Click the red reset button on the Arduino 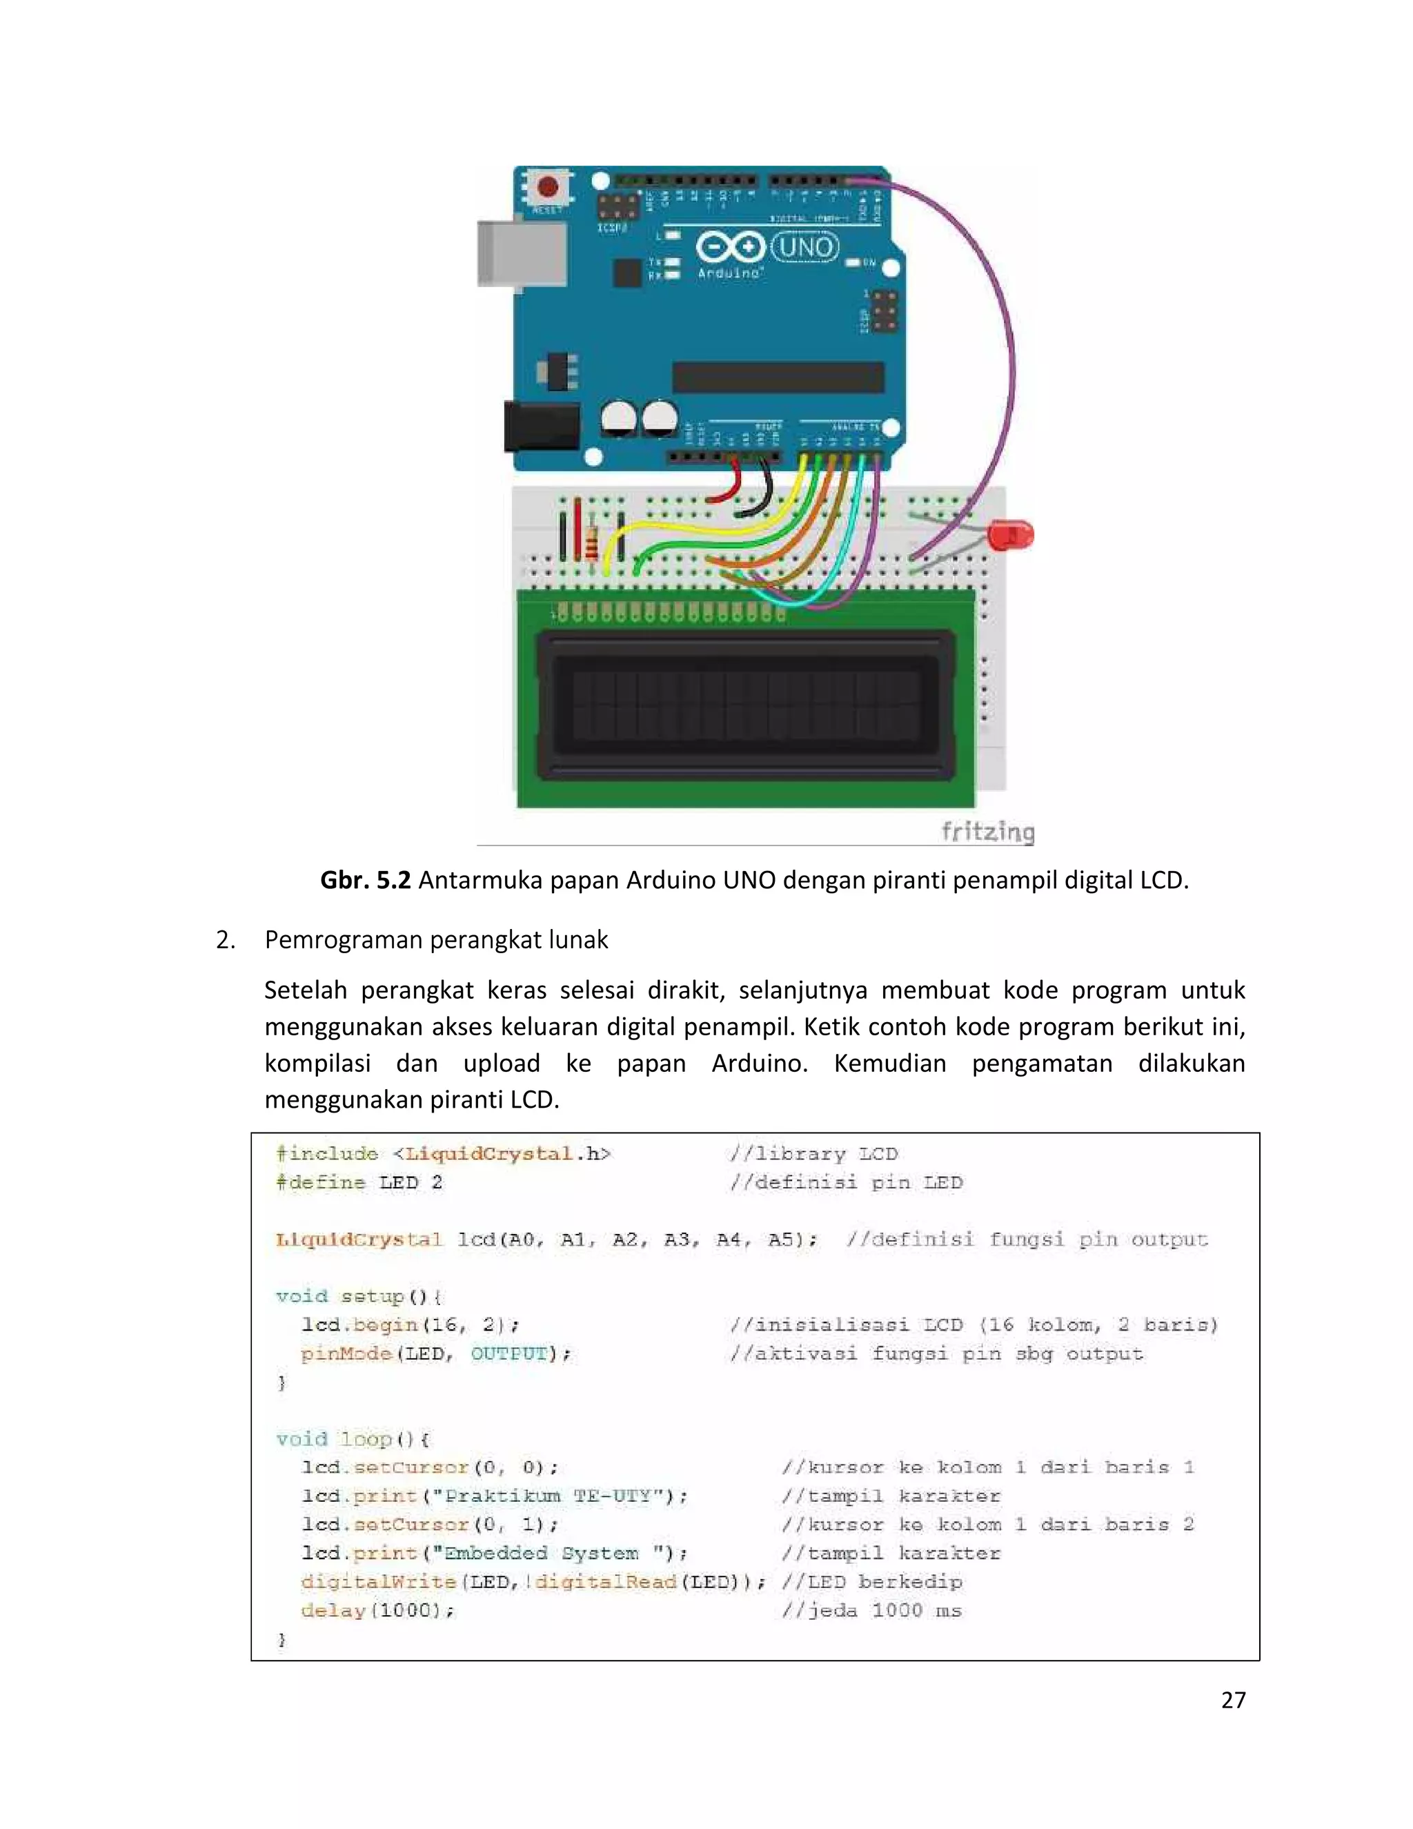(x=549, y=186)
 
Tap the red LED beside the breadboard (x=1010, y=534)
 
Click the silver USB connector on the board (x=511, y=254)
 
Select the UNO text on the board (x=804, y=247)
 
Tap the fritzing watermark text (x=988, y=832)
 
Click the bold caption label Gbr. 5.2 (x=366, y=880)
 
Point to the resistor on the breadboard (x=593, y=540)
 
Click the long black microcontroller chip (x=778, y=377)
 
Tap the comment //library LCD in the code (x=813, y=1154)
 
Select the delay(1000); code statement (x=377, y=1610)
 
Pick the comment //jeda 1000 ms (x=871, y=1610)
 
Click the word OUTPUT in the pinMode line (x=508, y=1353)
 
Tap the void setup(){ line (x=359, y=1296)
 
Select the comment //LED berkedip (x=871, y=1582)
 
